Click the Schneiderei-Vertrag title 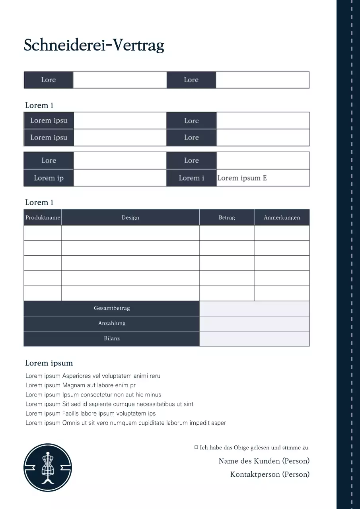pyautogui.click(x=94, y=45)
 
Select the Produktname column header pyautogui.click(x=43, y=218)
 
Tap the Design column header pyautogui.click(x=130, y=218)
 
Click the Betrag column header pyautogui.click(x=227, y=218)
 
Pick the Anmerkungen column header pyautogui.click(x=282, y=218)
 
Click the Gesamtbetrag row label pyautogui.click(x=112, y=308)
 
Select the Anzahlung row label pyautogui.click(x=112, y=323)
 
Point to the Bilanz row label pyautogui.click(x=112, y=338)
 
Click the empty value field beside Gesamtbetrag pyautogui.click(x=254, y=308)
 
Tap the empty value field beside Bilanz pyautogui.click(x=254, y=338)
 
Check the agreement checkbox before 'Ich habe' pyautogui.click(x=196, y=447)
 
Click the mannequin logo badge pyautogui.click(x=48, y=468)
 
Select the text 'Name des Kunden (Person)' pyautogui.click(x=264, y=461)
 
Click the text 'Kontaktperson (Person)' pyautogui.click(x=270, y=474)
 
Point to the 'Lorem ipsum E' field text pyautogui.click(x=242, y=178)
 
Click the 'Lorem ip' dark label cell pyautogui.click(x=49, y=178)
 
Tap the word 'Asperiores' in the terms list pyautogui.click(x=76, y=376)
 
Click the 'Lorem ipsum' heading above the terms pyautogui.click(x=49, y=363)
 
